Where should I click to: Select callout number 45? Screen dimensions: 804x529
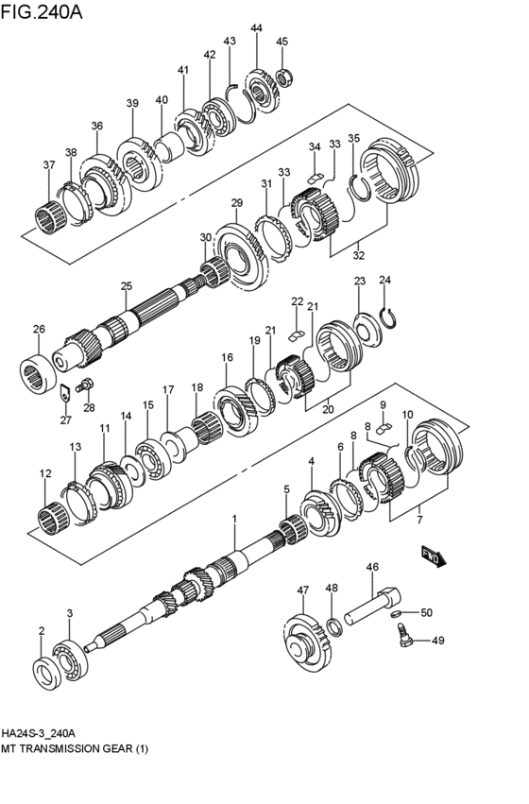point(282,42)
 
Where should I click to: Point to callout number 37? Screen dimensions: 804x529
point(48,165)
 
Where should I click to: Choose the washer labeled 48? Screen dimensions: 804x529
point(335,626)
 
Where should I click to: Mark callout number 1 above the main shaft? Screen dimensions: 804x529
point(235,520)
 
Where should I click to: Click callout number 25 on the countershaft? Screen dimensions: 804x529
point(126,286)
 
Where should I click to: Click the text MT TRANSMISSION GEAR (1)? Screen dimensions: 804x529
point(75,749)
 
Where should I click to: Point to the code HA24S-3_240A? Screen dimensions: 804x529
point(39,733)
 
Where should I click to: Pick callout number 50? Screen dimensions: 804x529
point(426,612)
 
